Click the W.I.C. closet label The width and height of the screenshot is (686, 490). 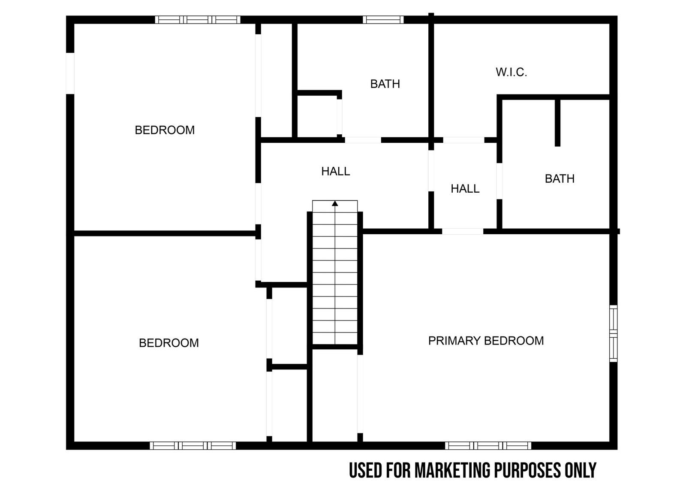coord(511,73)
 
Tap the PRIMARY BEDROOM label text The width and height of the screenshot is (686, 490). coord(486,341)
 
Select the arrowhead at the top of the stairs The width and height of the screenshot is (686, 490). coord(335,203)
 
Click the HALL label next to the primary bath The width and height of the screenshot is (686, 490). coord(465,188)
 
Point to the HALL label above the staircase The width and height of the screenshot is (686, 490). coord(335,171)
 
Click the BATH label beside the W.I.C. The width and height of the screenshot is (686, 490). coord(560,178)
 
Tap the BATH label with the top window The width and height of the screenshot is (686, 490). coord(385,84)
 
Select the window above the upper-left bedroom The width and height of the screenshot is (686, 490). coord(198,20)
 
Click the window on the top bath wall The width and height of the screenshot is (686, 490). coord(383,20)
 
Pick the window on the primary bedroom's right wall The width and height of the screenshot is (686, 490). coord(613,333)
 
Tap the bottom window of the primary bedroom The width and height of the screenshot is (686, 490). coord(488,445)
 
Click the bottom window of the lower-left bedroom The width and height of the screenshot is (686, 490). coord(193,445)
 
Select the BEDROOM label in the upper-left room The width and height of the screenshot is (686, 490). coord(165,130)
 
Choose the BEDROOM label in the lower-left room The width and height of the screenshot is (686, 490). coord(169,343)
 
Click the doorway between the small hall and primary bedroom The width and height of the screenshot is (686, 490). coord(463,231)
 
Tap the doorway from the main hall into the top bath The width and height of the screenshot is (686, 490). coord(363,140)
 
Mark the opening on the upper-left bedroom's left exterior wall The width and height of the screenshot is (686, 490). coord(70,73)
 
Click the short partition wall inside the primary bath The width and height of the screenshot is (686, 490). coord(558,123)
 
